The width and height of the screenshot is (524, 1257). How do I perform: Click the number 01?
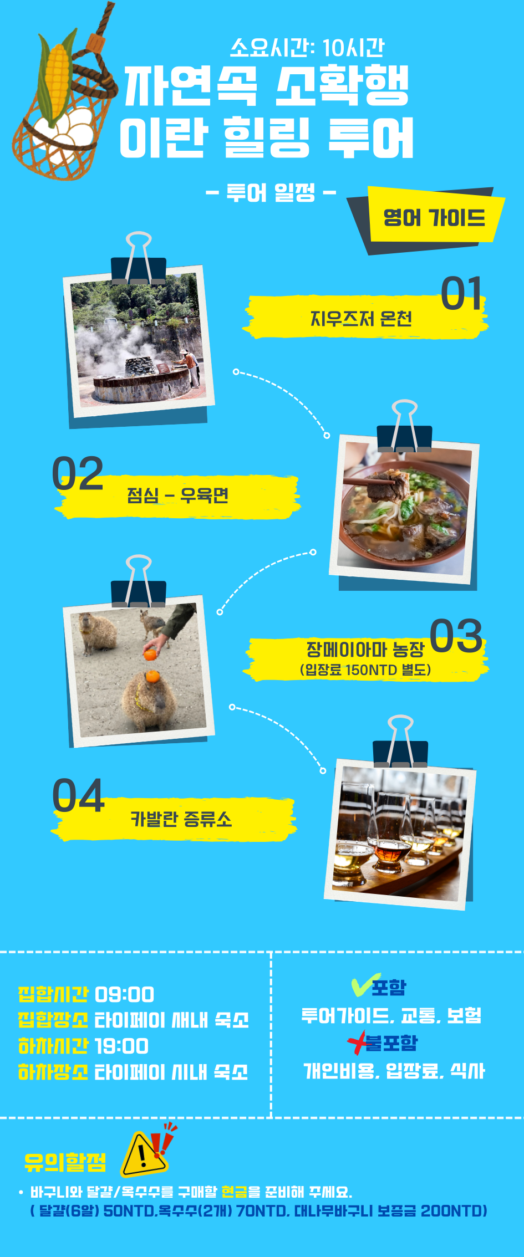pyautogui.click(x=461, y=293)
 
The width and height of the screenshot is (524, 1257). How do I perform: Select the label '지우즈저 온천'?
pyautogui.click(x=361, y=318)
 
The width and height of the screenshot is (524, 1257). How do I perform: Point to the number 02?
pyautogui.click(x=78, y=473)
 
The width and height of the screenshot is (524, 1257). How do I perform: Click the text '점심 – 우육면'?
pyautogui.click(x=178, y=494)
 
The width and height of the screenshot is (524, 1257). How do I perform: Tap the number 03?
pyautogui.click(x=456, y=635)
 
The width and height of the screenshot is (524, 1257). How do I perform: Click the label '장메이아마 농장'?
pyautogui.click(x=365, y=648)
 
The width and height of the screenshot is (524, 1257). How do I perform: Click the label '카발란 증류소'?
pyautogui.click(x=181, y=819)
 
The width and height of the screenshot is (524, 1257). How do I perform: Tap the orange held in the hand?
pyautogui.click(x=150, y=654)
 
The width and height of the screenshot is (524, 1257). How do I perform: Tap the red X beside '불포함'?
pyautogui.click(x=358, y=1042)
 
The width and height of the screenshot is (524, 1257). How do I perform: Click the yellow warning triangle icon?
pyautogui.click(x=143, y=1155)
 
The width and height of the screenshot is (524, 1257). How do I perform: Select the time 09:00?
pyautogui.click(x=124, y=994)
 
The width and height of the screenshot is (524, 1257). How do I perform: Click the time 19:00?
pyautogui.click(x=121, y=1046)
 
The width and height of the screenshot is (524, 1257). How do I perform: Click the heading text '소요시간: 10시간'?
pyautogui.click(x=307, y=48)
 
